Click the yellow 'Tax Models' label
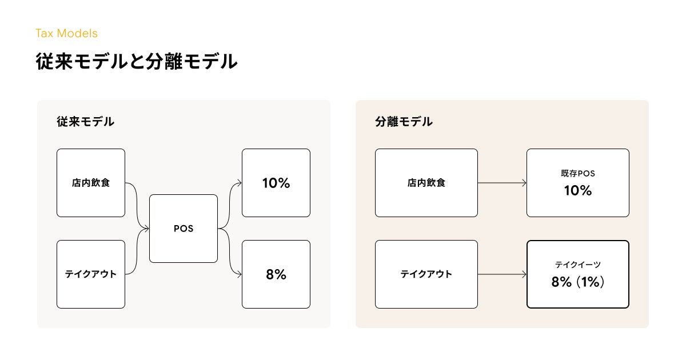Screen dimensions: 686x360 coord(66,33)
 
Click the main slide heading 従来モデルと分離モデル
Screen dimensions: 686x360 coord(137,61)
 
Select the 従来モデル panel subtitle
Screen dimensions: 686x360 coord(85,122)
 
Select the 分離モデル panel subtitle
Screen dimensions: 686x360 coord(404,122)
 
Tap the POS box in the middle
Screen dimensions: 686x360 coord(184,229)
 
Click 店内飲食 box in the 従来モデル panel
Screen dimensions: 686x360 coord(91,183)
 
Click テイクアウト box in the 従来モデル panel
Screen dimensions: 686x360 coord(91,274)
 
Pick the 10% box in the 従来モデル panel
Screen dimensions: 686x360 coord(276,183)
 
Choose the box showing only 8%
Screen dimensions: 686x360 coord(276,274)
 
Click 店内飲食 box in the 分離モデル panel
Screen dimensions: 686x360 coord(426,183)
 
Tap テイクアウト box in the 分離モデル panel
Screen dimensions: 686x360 coord(426,274)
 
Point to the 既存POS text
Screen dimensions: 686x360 coord(578,174)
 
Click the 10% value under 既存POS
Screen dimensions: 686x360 coord(578,190)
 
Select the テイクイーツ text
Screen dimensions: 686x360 coord(578,265)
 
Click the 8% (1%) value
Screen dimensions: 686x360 coord(578,282)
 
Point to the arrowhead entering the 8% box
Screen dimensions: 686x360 coord(240,274)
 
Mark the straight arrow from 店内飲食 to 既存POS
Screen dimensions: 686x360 coord(502,183)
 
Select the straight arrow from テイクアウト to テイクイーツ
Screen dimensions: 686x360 coord(502,274)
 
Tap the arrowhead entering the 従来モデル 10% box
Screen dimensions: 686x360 coord(240,183)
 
